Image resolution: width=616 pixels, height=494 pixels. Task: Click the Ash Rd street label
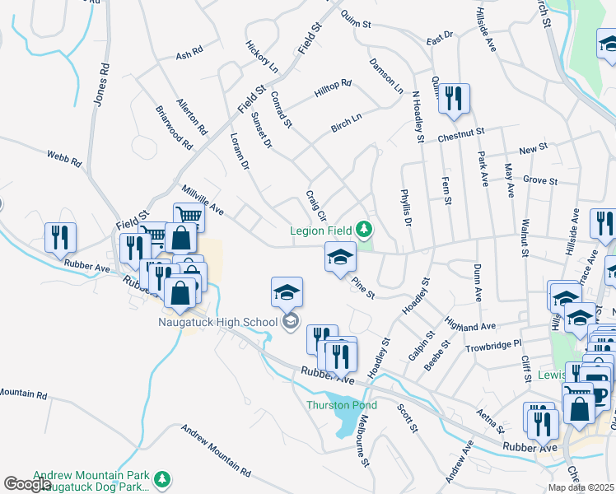189,56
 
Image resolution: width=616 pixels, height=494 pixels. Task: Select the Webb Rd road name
63,159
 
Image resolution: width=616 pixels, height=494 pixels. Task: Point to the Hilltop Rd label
333,89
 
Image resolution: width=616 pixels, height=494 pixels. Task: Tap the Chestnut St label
461,133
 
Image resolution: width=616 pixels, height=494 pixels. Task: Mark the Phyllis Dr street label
406,207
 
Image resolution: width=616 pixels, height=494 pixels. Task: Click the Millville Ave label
203,198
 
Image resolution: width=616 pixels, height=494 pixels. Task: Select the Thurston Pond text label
342,405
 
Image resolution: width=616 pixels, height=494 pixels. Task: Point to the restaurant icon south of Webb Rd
60,237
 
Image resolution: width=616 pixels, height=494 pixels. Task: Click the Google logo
28,484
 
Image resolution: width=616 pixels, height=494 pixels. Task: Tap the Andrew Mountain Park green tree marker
163,477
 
